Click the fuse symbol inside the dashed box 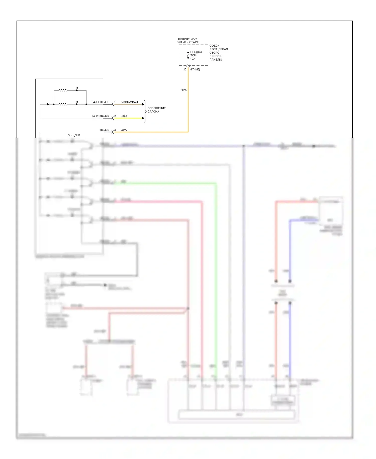(188, 55)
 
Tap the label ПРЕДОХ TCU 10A (196, 55)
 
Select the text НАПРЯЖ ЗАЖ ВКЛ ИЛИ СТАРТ (187, 40)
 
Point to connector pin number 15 (185, 70)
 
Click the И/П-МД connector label (195, 70)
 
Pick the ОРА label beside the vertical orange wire (183, 90)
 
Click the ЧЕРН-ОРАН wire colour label (130, 102)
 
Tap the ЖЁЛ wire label (124, 116)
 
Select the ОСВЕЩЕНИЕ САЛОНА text (156, 110)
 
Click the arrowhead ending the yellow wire (143, 118)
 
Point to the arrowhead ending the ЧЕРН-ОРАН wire (143, 104)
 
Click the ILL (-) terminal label (95, 102)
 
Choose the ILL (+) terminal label (95, 116)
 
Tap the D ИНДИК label (74, 135)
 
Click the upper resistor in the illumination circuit (63, 90)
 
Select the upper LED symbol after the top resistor (77, 90)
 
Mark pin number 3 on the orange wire (115, 130)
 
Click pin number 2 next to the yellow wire (115, 116)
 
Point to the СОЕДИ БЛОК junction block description (218, 53)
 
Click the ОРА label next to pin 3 (124, 130)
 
